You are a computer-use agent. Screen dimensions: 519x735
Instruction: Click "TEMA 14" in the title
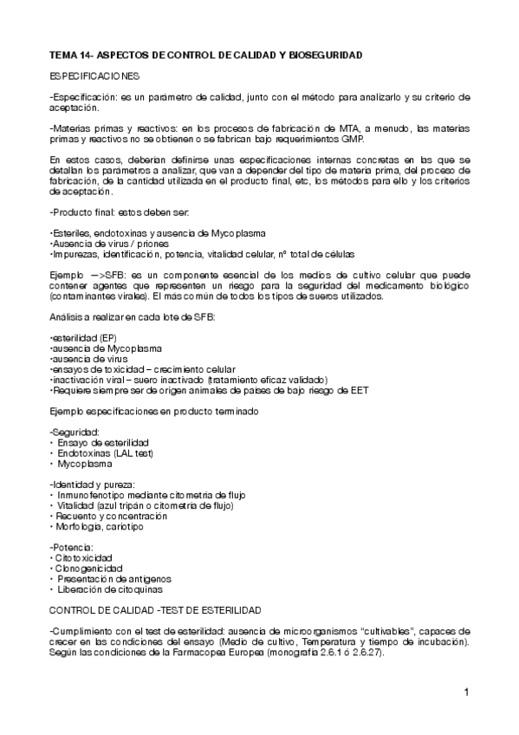click(x=68, y=55)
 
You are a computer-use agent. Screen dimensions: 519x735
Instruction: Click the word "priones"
click(x=148, y=244)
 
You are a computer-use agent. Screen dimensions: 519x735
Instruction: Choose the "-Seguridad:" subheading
click(x=75, y=432)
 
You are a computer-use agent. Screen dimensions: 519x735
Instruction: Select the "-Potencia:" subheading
click(x=73, y=548)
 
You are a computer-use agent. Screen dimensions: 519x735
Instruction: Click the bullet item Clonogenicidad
click(x=95, y=569)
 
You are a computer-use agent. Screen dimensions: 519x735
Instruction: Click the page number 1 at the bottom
click(x=465, y=692)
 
